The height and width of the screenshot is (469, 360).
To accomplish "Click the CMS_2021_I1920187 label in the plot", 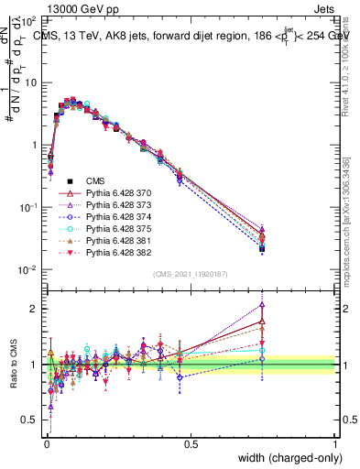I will (x=190, y=273).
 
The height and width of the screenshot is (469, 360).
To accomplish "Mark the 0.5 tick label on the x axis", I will (x=191, y=444).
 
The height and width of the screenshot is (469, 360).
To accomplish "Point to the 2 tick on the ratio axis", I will (x=33, y=309).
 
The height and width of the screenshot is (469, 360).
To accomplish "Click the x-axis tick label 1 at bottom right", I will (x=335, y=444).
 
